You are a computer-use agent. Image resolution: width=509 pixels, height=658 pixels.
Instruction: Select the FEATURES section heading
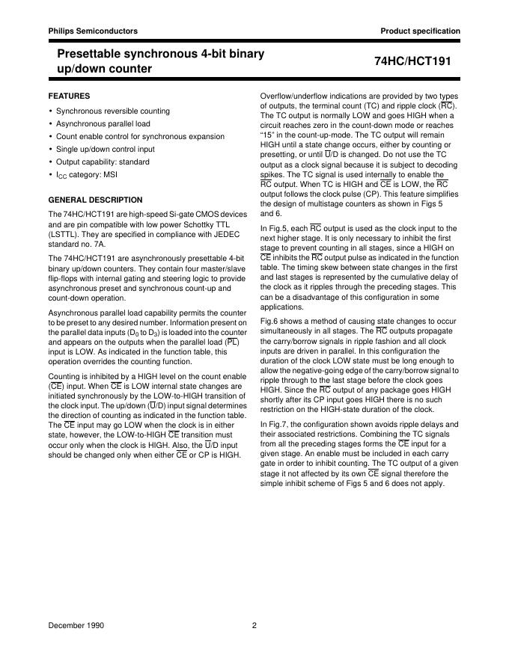69,96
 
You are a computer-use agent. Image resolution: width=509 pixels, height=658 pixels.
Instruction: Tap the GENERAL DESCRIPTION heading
95,200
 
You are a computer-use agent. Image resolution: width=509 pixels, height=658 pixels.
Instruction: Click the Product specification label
420,31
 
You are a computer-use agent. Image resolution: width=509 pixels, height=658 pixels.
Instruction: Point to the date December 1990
77,624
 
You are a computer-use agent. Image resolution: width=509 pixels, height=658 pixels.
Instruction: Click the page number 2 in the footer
254,624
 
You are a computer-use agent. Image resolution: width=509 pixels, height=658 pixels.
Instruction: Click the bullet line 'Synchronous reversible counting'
113,111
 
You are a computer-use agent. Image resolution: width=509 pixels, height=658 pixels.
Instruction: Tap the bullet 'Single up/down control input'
106,150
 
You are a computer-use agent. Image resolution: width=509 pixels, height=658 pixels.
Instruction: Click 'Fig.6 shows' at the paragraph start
281,320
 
